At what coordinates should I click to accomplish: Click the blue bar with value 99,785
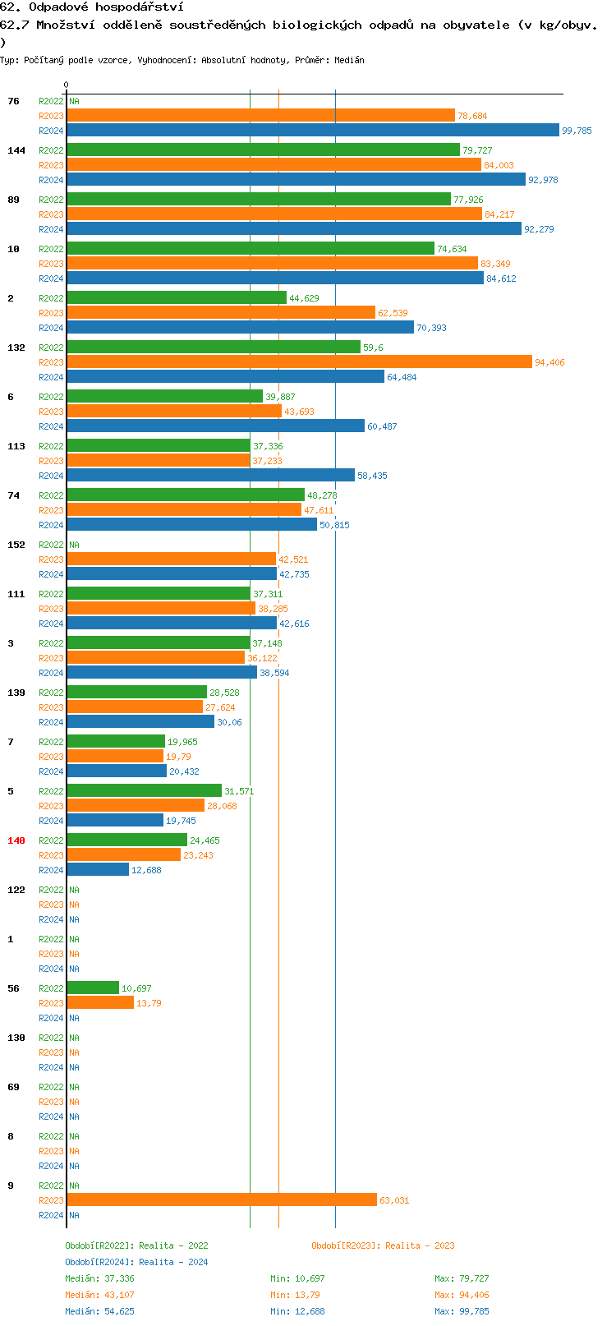pos(312,130)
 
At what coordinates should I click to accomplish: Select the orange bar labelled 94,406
pos(299,361)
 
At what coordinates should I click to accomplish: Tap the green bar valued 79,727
pos(263,150)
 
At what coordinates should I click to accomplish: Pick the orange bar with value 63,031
pos(222,1199)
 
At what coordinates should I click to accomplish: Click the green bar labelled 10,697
pos(93,988)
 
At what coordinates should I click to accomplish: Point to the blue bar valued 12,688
pos(98,869)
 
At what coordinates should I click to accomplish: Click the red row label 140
pos(16,840)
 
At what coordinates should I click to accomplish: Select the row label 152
pos(16,545)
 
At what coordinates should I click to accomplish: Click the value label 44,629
pos(304,298)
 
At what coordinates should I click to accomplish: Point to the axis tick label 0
pos(67,85)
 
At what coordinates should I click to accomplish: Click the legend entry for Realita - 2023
pos(383,1245)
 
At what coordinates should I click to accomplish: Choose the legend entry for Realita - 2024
pos(136,1262)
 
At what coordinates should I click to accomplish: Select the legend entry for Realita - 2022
pos(136,1245)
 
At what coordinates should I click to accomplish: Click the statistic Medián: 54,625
pos(99,1311)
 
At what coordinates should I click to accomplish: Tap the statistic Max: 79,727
pos(462,1278)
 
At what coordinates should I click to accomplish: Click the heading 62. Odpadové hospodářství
pos(91,7)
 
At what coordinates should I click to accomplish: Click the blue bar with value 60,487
pos(215,426)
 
